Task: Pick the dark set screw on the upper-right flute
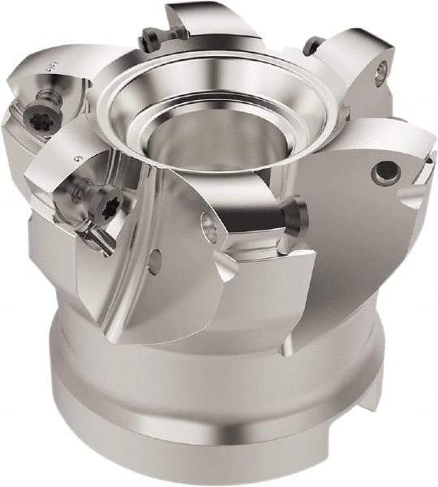(310, 46)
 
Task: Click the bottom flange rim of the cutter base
(219, 455)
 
